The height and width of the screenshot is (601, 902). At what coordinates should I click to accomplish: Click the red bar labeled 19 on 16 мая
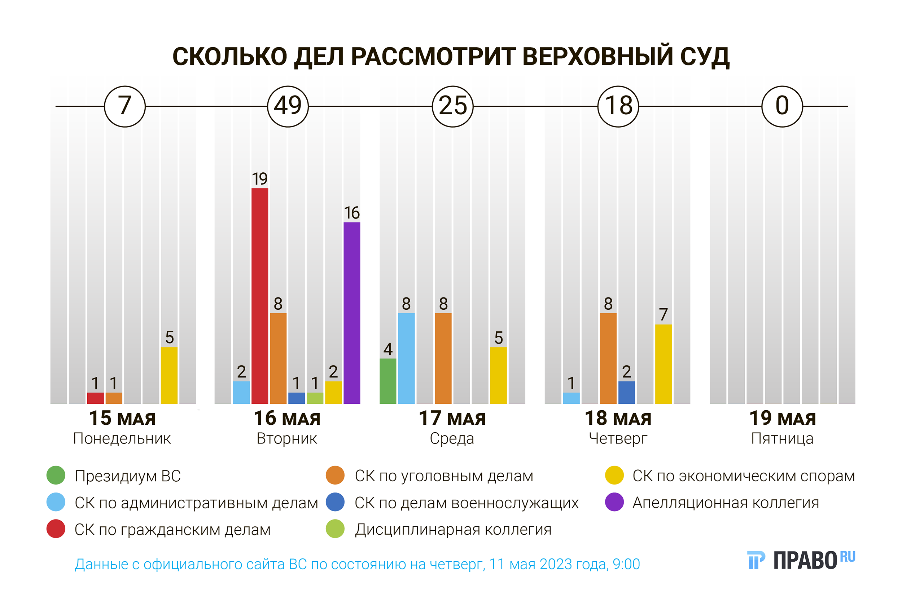pos(260,296)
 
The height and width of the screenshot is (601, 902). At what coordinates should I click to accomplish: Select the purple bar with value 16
pos(352,313)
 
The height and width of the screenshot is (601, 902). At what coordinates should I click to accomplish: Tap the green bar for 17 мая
pos(388,381)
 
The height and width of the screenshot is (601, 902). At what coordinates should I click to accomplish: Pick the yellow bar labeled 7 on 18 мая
pos(664,364)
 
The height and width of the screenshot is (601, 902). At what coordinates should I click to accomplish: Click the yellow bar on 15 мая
pos(169,375)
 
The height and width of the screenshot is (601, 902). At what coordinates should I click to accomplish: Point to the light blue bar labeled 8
pos(406,358)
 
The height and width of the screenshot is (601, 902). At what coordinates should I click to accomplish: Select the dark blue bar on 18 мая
pos(627,393)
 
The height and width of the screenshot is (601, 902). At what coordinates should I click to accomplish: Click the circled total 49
pos(288,106)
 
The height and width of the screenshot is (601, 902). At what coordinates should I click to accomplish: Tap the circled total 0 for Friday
pos(782,106)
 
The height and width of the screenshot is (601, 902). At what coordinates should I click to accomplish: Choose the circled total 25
pos(452,106)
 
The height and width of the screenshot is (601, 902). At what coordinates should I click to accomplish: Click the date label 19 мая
pos(782,418)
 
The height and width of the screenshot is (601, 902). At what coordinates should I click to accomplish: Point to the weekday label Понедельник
pos(122,438)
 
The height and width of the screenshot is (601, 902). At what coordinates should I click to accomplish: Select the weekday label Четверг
pos(618,438)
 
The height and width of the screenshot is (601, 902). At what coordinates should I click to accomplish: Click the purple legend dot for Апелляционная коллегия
pos(614,502)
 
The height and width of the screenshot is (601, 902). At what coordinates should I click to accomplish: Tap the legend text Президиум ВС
pos(128,476)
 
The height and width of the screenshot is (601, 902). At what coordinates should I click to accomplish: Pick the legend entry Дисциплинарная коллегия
pos(453,529)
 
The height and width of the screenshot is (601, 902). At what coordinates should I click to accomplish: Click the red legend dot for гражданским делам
pos(56,529)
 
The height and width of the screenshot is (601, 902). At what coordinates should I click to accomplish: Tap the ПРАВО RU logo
pos(802,560)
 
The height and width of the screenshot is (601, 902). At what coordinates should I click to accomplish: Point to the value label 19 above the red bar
pos(260,179)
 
